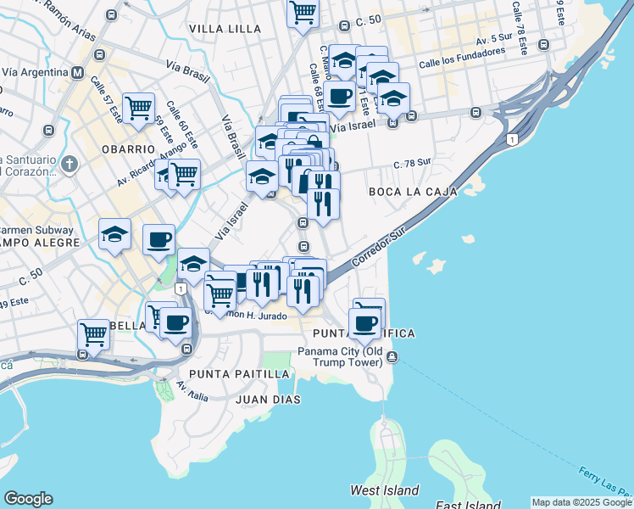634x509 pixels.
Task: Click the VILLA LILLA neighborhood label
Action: coord(225,29)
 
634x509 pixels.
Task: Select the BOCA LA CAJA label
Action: coord(413,193)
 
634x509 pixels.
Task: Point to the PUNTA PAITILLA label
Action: coord(239,374)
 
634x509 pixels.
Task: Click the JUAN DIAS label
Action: coord(264,398)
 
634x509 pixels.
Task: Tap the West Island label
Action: coord(385,490)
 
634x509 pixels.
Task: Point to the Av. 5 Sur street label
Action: coord(495,40)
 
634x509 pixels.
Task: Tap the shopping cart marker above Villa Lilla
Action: coord(303,13)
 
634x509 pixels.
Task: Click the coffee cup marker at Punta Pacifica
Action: coord(365,322)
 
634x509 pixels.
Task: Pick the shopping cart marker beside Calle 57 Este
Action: coord(138,108)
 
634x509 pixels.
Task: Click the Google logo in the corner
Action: coord(28,499)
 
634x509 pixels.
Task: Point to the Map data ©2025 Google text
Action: coord(581,503)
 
